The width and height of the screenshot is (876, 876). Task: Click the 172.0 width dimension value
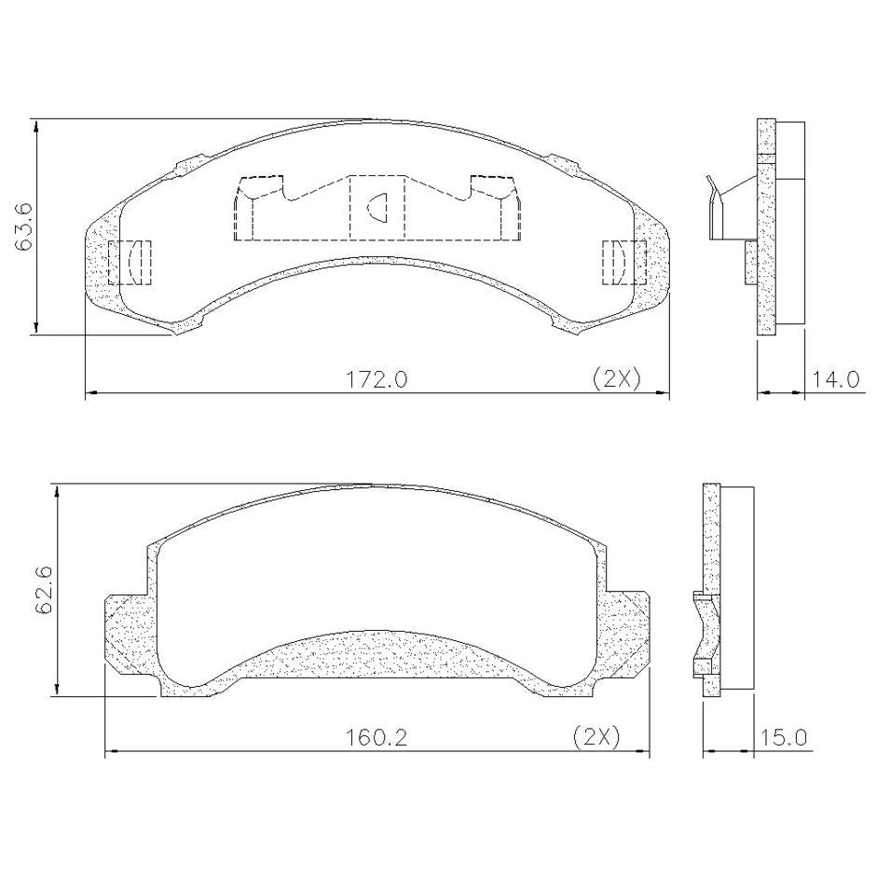pyautogui.click(x=377, y=380)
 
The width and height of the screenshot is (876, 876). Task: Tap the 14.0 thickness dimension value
pyautogui.click(x=835, y=380)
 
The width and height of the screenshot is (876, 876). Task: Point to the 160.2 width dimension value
pyautogui.click(x=376, y=739)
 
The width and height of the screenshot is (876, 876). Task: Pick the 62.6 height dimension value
pyautogui.click(x=44, y=591)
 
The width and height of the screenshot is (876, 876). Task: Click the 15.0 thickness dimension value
pyautogui.click(x=783, y=739)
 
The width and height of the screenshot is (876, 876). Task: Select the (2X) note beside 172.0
pyautogui.click(x=616, y=379)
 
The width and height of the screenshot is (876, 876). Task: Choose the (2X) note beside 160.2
pyautogui.click(x=596, y=738)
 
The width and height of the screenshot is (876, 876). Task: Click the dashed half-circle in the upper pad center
pyautogui.click(x=378, y=207)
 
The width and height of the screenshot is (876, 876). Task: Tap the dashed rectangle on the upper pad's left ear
pyautogui.click(x=130, y=262)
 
